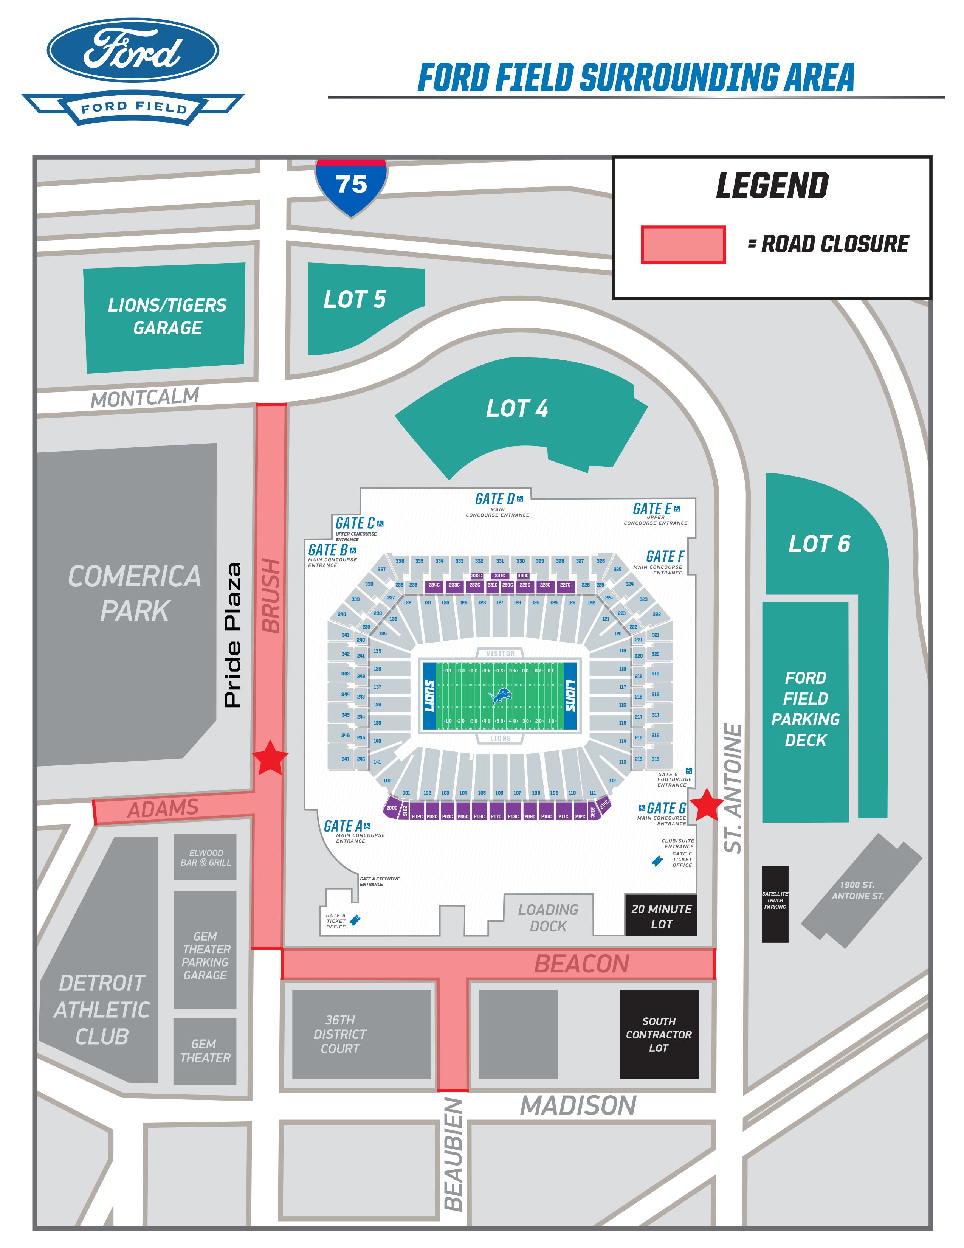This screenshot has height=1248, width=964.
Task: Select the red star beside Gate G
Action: [707, 804]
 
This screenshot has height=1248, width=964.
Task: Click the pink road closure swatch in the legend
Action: [683, 245]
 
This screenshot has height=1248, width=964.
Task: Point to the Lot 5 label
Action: [355, 300]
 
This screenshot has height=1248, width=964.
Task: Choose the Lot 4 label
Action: [517, 408]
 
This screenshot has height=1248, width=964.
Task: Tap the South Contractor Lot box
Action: [659, 1034]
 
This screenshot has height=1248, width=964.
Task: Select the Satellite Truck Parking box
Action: [775, 904]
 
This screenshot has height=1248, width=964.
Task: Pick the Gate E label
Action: [652, 509]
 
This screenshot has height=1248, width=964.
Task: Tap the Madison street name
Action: [578, 1106]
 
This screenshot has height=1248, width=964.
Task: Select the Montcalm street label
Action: [145, 398]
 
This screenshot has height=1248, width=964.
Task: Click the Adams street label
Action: [163, 809]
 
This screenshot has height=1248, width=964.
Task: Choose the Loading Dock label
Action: [548, 918]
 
